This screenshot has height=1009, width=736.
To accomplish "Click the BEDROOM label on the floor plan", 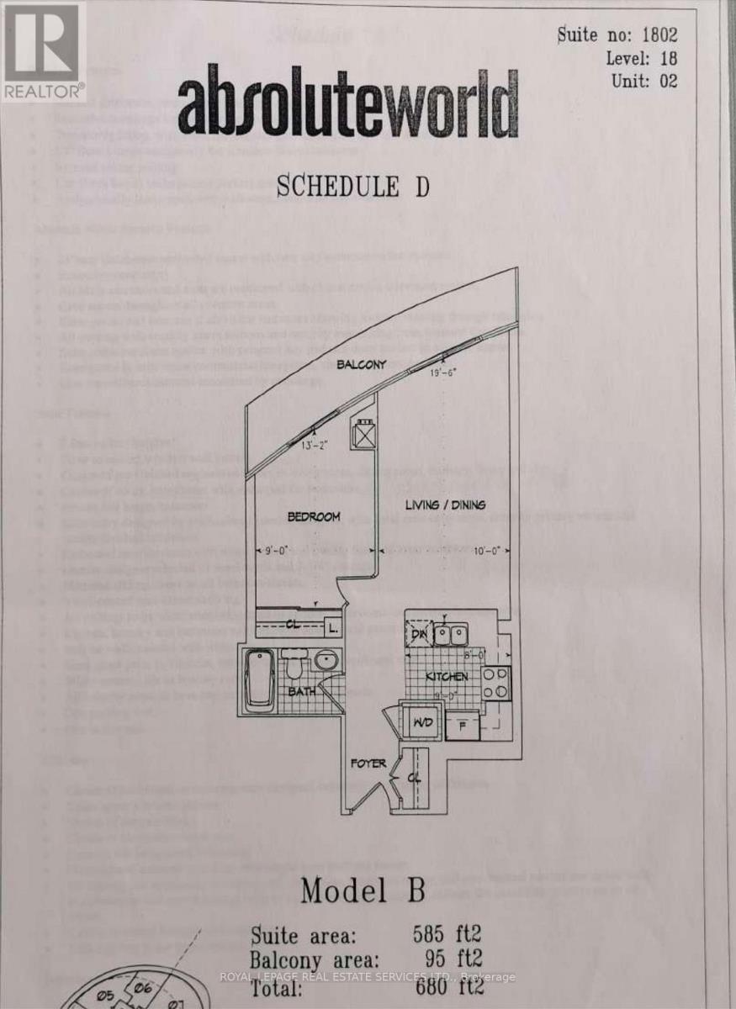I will tap(314, 516).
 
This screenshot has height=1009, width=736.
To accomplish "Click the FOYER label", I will tap(368, 763).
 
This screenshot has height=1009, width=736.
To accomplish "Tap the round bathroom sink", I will tap(328, 661).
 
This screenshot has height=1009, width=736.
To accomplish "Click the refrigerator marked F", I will tap(462, 726).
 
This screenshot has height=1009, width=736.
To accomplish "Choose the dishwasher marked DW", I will tap(418, 635).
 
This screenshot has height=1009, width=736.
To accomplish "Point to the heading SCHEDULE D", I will tap(352, 187).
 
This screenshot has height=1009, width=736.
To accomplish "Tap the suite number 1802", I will tap(659, 35).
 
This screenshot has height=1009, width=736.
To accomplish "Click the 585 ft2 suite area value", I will tap(447, 933).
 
